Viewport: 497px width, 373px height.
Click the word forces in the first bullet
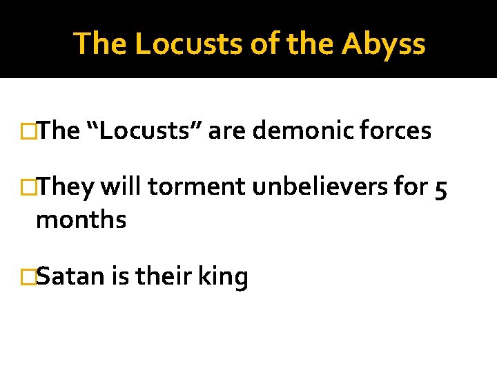[x=397, y=131]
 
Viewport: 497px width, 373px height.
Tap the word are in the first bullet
[x=223, y=131]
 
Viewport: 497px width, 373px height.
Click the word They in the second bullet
[x=66, y=186]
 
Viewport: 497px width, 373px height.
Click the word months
[x=81, y=220]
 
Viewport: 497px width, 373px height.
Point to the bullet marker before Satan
[x=28, y=276]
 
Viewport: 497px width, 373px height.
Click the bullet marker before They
[x=28, y=186]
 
